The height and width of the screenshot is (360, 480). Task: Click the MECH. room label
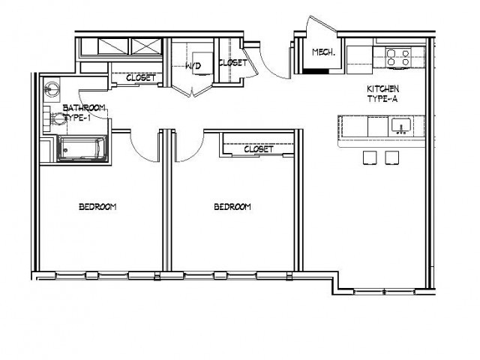tap(322, 52)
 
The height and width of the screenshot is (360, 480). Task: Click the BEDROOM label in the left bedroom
tap(97, 207)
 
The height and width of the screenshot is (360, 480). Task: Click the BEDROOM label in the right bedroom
tap(232, 207)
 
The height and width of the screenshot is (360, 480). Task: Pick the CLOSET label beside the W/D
tap(232, 63)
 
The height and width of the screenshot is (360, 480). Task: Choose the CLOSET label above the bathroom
tap(140, 77)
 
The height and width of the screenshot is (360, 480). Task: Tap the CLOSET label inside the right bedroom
tap(259, 149)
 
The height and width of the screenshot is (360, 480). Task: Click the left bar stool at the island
tap(370, 157)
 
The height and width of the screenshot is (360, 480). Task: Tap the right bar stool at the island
tap(392, 157)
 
